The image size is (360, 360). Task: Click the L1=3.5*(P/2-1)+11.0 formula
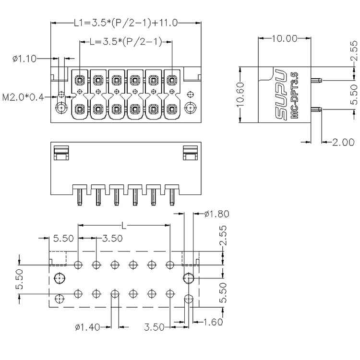126,23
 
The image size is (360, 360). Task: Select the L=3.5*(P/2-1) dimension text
126,42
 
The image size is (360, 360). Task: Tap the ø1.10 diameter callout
24,59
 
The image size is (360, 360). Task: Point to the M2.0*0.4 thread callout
23,97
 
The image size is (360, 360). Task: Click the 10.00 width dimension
285,38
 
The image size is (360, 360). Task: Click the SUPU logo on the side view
281,95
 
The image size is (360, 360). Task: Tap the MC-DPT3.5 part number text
294,96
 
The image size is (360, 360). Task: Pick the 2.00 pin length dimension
344,143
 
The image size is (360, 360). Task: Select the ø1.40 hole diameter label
87,327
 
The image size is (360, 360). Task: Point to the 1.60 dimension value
213,322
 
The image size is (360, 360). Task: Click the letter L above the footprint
124,226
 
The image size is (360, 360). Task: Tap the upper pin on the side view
316,80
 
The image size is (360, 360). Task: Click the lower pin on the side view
316,109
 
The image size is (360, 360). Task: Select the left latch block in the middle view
61,153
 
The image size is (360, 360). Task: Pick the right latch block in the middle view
191,153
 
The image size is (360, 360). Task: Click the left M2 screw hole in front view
61,108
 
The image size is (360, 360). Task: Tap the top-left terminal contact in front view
80,80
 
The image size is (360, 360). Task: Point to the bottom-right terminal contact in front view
171,108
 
